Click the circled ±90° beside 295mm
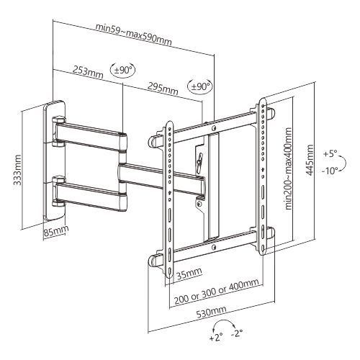tap(199, 86)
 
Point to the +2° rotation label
tap(217, 337)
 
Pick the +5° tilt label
tap(330, 154)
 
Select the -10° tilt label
tap(330, 171)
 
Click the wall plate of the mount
tap(55, 163)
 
